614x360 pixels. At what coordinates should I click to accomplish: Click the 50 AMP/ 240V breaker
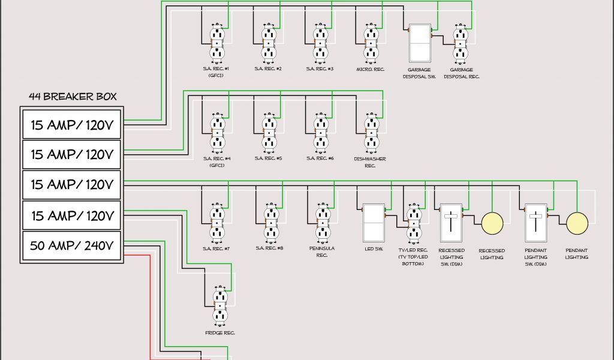pos(72,245)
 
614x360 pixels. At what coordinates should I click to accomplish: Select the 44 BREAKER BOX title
pos(73,96)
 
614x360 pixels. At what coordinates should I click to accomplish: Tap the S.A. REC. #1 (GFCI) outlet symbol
pos(217,43)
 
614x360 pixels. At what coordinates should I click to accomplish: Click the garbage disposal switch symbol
pos(420,43)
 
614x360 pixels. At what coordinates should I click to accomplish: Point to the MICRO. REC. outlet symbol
pos(370,43)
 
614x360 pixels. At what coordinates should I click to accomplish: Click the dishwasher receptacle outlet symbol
pos(370,134)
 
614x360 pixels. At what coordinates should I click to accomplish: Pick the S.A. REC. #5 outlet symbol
pos(268,134)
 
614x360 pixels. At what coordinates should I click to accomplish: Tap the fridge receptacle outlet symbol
pos(220,307)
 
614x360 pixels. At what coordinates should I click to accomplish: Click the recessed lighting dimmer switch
pos(450,223)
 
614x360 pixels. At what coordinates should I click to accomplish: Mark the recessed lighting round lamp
pos(492,223)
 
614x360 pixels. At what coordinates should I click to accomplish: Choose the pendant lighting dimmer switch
pos(534,223)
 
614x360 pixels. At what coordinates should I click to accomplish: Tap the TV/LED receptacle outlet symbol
pos(413,223)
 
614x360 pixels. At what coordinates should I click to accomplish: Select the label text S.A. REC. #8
pos(268,248)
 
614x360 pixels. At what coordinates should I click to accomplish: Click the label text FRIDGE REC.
pos(219,332)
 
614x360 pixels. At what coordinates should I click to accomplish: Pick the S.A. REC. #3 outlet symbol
pos(319,43)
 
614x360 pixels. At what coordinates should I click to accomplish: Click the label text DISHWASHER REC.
pos(369,162)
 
